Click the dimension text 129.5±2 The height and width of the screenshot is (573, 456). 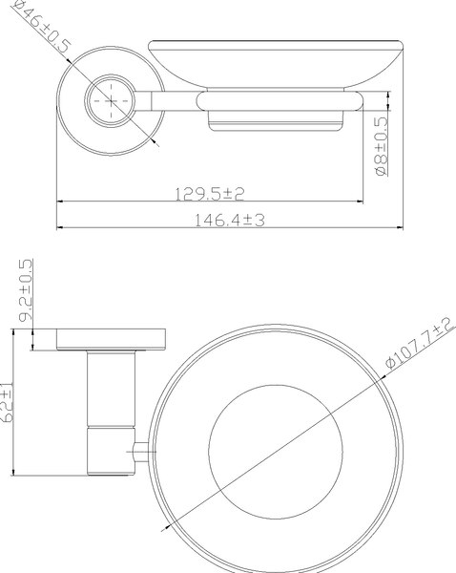pyautogui.click(x=209, y=193)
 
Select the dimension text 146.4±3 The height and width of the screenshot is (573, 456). pyautogui.click(x=229, y=219)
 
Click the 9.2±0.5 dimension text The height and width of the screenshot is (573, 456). pyautogui.click(x=26, y=290)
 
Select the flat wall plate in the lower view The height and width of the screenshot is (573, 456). pyautogui.click(x=113, y=340)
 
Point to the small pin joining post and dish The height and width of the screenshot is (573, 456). pyautogui.click(x=139, y=450)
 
